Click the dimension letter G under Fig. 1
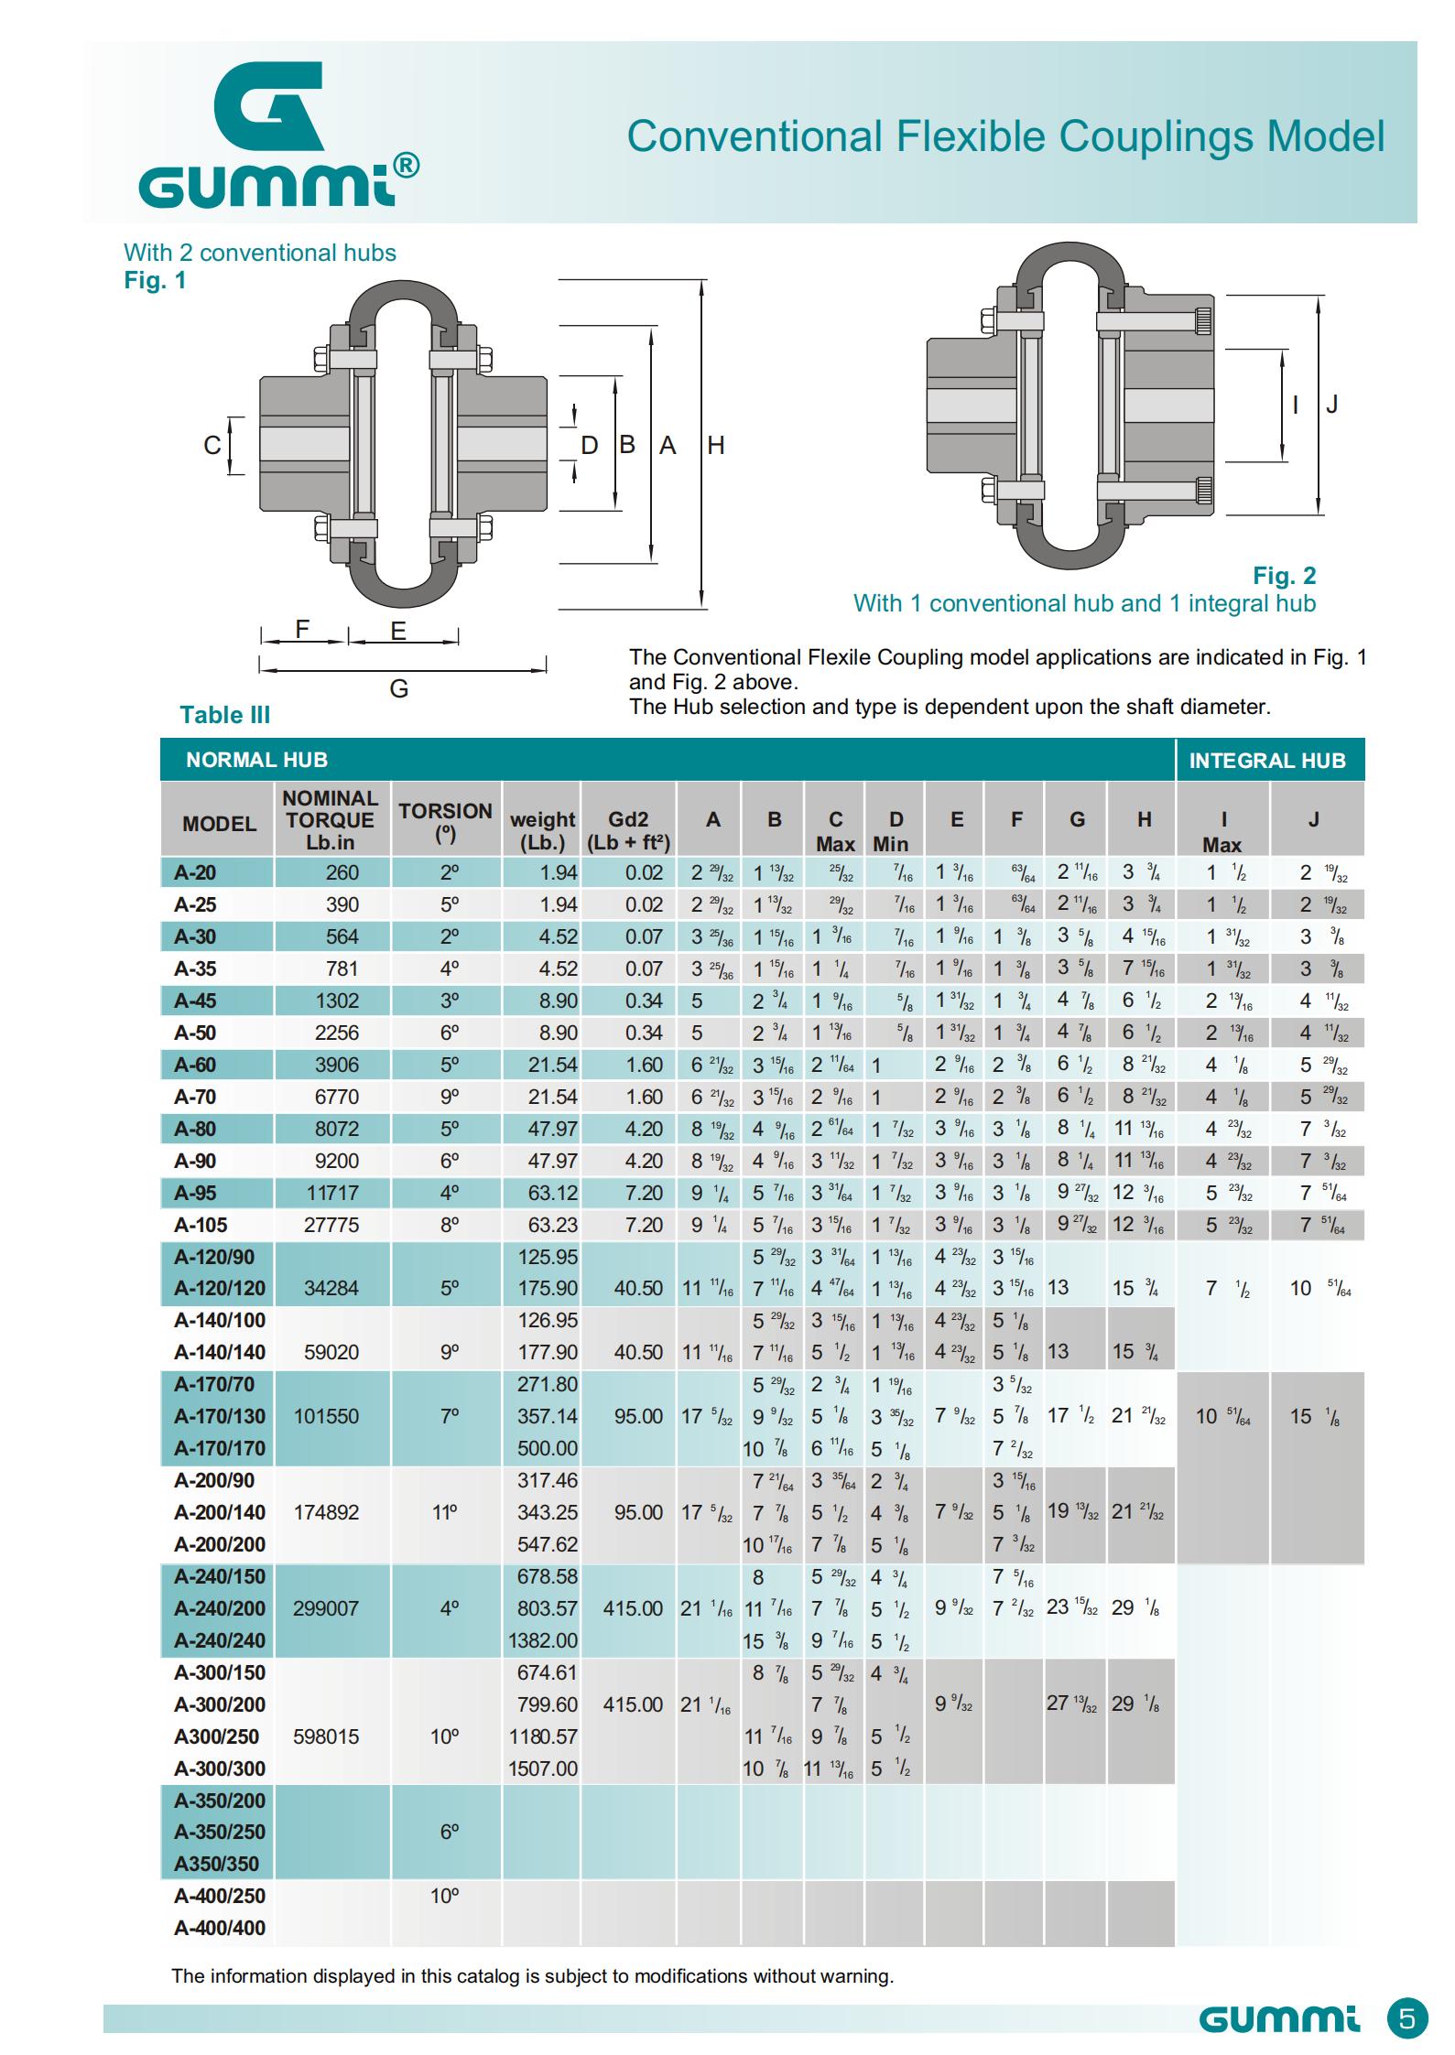[398, 688]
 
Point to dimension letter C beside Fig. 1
[212, 446]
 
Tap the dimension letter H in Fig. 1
[715, 446]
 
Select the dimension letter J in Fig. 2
[1331, 404]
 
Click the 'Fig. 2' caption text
[1284, 576]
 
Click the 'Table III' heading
[224, 715]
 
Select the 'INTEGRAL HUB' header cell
[1267, 761]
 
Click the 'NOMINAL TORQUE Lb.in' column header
[330, 820]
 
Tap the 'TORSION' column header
[445, 819]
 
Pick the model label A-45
[195, 1000]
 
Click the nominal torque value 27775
[331, 1225]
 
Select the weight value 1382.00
[543, 1640]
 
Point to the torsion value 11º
[445, 1512]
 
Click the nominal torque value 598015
[326, 1736]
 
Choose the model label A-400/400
[220, 1928]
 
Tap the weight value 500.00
[547, 1448]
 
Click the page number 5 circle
[1407, 2018]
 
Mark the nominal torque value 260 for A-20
[342, 872]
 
